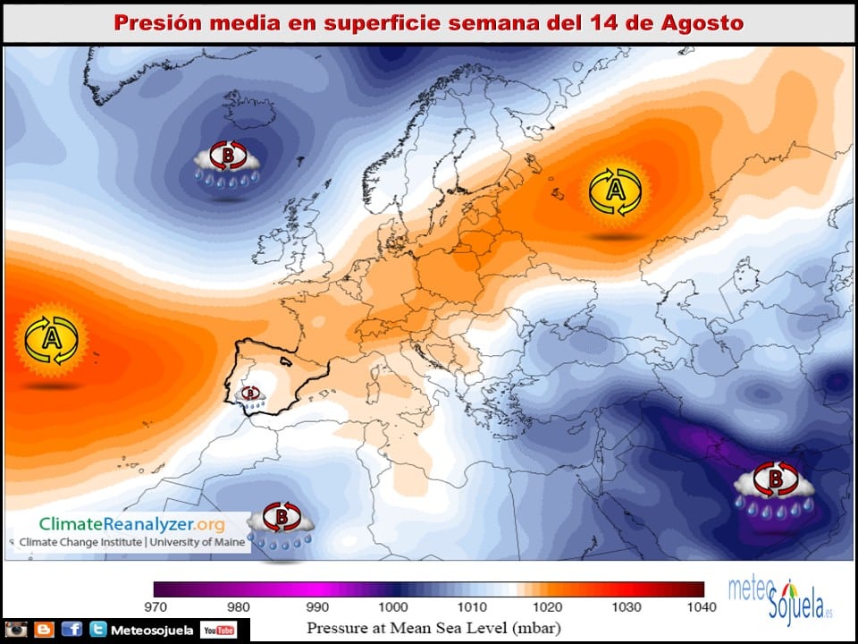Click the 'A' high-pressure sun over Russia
[615, 191]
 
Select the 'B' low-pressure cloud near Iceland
[228, 163]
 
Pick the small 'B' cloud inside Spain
[251, 395]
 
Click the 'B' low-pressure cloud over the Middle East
[773, 490]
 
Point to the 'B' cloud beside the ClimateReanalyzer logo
[281, 524]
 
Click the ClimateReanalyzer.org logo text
[131, 524]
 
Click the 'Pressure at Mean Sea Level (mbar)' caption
[434, 627]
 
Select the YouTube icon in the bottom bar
[218, 631]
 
